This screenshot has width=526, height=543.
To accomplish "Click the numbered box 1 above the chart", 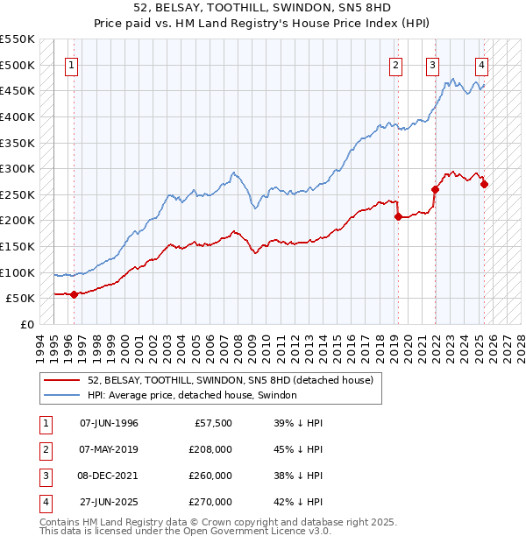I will [71, 64].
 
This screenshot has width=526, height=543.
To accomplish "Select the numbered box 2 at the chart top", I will [396, 64].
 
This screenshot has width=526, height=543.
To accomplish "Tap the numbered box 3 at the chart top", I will [433, 64].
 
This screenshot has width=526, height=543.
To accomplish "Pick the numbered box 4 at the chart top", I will [482, 64].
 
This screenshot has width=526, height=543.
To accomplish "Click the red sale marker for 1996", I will [74, 294].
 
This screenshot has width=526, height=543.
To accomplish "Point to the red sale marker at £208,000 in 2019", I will [398, 216].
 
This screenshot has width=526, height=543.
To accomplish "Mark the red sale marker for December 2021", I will [436, 189].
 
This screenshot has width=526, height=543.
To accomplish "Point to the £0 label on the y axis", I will [27, 324].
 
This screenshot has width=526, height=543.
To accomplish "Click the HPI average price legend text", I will [192, 395].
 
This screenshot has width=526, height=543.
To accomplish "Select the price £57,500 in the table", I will [212, 423].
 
